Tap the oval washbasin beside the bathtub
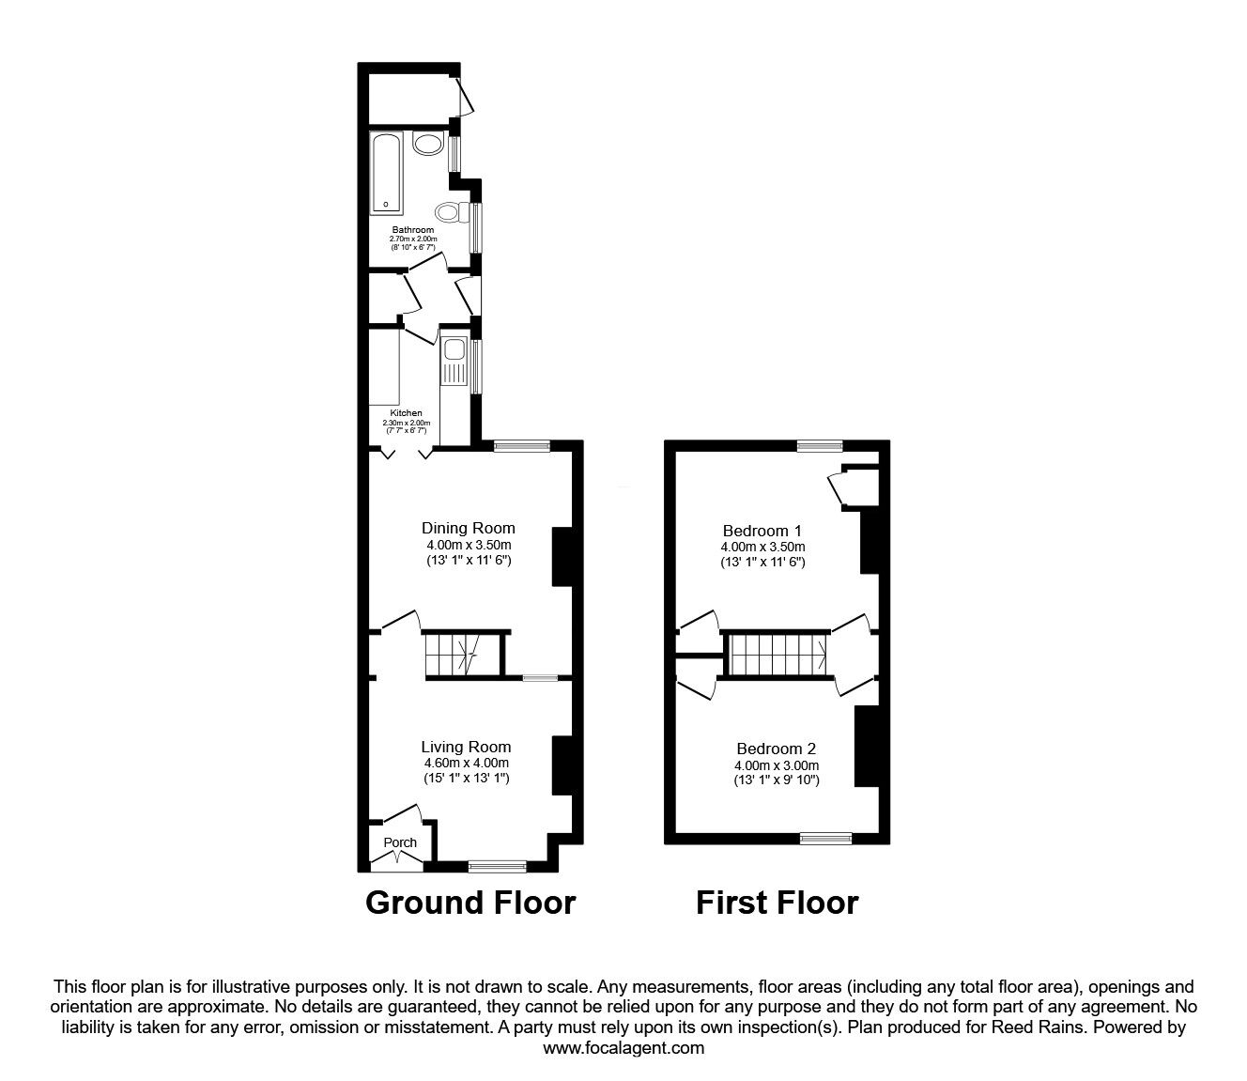pos(429,145)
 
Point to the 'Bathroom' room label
pos(413,230)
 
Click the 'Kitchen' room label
pos(407,413)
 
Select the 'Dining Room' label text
pos(468,528)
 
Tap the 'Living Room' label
pos(466,747)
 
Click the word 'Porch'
pos(400,842)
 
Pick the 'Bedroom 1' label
pos(762,530)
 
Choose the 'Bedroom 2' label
pos(776,749)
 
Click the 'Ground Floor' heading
pos(470,903)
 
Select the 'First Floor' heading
pos(777,903)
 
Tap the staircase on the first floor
pos(777,653)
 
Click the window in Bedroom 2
pos(825,838)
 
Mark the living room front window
pos(498,867)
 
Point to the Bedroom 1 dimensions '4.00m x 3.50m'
pos(762,547)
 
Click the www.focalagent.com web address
pos(623,1048)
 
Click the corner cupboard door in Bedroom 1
pos(835,489)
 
